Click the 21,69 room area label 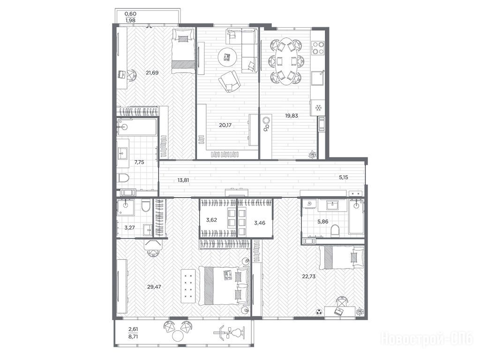152,73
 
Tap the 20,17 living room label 225,125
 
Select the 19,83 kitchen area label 292,116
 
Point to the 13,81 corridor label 183,180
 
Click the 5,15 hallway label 344,177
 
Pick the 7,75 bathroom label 139,162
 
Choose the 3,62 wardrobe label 211,220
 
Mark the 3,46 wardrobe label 260,223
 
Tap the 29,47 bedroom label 154,287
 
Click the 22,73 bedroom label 308,276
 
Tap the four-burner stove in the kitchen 318,48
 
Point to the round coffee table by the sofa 227,57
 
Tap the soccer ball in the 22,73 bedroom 319,312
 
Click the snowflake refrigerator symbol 317,108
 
